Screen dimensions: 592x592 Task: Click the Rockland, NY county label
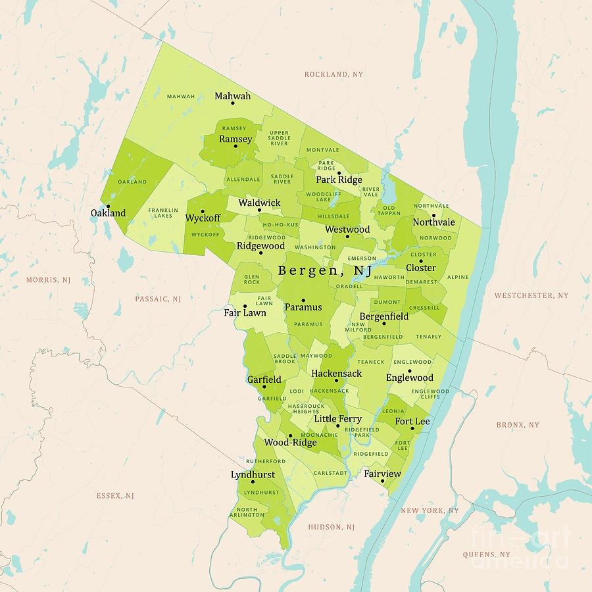click(333, 75)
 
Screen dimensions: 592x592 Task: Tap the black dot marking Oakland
click(108, 206)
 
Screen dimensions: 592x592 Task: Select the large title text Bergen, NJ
click(325, 270)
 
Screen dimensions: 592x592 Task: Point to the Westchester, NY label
click(531, 296)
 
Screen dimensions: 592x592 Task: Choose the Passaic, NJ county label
click(158, 299)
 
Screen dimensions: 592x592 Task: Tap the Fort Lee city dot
click(412, 429)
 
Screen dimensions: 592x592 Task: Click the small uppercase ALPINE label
click(458, 278)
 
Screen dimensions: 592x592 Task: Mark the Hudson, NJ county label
click(332, 527)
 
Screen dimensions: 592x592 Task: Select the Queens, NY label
click(486, 555)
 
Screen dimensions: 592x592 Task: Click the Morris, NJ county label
click(48, 280)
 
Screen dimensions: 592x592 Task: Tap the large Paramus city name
click(303, 307)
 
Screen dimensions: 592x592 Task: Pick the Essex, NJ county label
click(115, 496)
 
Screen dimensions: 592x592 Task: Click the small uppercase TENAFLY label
click(429, 337)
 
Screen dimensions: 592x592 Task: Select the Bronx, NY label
click(518, 425)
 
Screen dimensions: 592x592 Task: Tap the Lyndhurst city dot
click(253, 482)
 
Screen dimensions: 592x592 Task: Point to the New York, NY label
click(430, 510)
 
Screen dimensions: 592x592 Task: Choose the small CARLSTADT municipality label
click(330, 473)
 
